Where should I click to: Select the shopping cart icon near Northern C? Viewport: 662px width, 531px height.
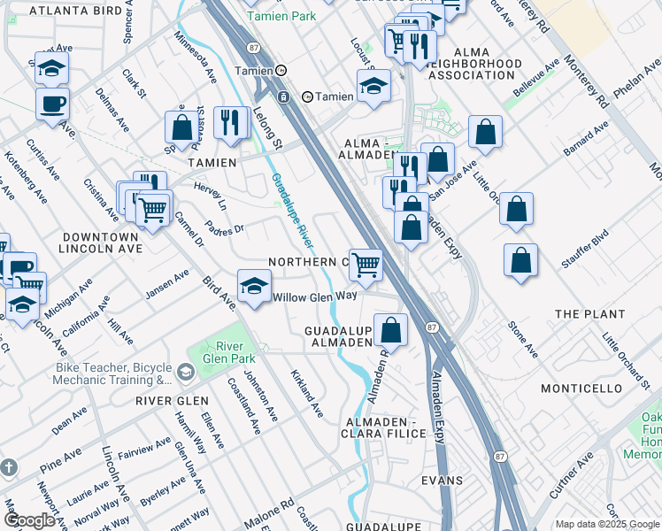(x=365, y=264)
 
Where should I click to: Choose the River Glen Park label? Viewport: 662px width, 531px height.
(x=229, y=352)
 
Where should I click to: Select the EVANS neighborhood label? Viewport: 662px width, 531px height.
(x=443, y=481)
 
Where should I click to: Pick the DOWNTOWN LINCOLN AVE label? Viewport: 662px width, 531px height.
(x=99, y=243)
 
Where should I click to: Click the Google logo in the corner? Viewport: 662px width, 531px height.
(x=29, y=521)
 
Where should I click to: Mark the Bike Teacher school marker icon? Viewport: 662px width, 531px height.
(x=185, y=373)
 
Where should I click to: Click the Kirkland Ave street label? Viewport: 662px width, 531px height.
(x=307, y=394)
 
